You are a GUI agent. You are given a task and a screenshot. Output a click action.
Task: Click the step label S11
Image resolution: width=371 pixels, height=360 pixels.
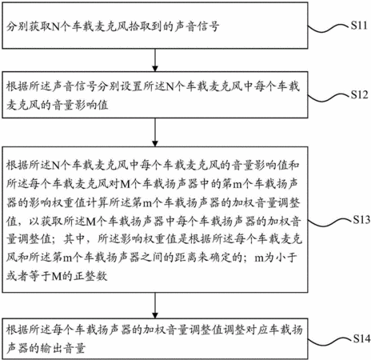[359, 26]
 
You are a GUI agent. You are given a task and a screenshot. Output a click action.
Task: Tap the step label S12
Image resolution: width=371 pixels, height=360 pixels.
[359, 94]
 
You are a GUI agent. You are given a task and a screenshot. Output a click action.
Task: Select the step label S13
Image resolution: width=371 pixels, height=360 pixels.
[361, 219]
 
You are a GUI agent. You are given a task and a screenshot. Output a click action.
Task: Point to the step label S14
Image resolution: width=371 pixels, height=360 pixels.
[361, 338]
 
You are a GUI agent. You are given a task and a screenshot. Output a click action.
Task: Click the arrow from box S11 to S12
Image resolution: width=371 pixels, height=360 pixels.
[155, 60]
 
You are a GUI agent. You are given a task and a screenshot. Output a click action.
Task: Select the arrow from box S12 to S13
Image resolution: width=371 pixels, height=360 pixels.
[155, 132]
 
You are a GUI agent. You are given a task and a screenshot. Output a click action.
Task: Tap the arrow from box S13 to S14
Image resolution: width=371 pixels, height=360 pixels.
[155, 306]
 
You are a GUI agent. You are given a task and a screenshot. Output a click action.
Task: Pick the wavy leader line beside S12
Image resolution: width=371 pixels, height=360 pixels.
[329, 98]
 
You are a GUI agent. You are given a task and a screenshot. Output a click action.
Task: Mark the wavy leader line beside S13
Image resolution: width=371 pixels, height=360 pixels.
[330, 222]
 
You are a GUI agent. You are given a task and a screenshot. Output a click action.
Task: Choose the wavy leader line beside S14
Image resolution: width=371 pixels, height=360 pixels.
[330, 342]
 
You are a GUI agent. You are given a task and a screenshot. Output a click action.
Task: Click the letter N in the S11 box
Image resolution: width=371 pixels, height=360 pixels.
[55, 26]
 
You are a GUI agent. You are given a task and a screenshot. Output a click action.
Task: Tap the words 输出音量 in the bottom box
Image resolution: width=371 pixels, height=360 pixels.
[63, 348]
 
